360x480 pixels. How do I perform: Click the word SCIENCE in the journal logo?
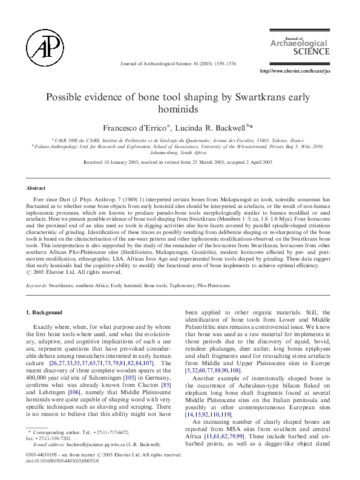point(312,52)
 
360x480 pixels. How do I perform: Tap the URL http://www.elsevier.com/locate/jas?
point(295,71)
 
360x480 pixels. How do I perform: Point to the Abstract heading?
point(36,188)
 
